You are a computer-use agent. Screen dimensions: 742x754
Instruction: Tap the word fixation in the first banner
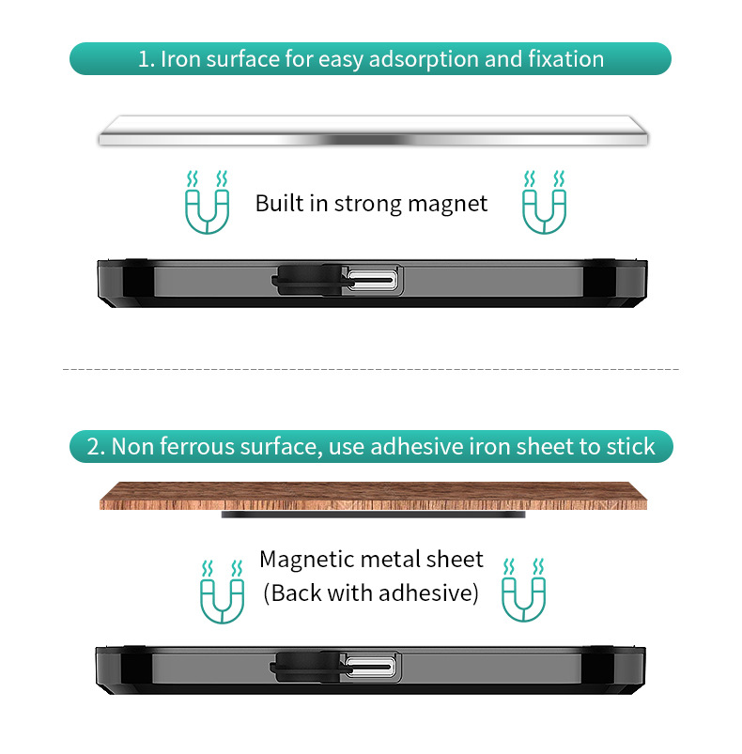pyautogui.click(x=566, y=59)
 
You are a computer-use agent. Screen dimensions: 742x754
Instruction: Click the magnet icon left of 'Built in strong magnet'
pyautogui.click(x=207, y=202)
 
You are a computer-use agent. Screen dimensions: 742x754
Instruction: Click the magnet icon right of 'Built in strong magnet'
pyautogui.click(x=545, y=202)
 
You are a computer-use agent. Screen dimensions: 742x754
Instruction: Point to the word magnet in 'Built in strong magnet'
pyautogui.click(x=448, y=205)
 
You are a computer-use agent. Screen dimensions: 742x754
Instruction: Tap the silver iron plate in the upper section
pyautogui.click(x=373, y=131)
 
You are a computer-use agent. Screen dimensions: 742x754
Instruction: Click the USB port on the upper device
pyautogui.click(x=373, y=280)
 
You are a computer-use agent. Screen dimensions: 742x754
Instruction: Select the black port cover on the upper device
pyautogui.click(x=309, y=280)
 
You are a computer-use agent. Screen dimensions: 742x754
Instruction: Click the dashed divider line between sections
pyautogui.click(x=371, y=369)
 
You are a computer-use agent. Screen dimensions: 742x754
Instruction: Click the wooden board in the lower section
pyautogui.click(x=373, y=496)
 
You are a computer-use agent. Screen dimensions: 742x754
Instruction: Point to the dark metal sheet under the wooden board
pyautogui.click(x=373, y=515)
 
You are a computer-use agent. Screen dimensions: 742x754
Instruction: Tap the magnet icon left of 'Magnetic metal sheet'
pyautogui.click(x=222, y=592)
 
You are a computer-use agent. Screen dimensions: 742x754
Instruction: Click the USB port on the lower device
pyautogui.click(x=370, y=668)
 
